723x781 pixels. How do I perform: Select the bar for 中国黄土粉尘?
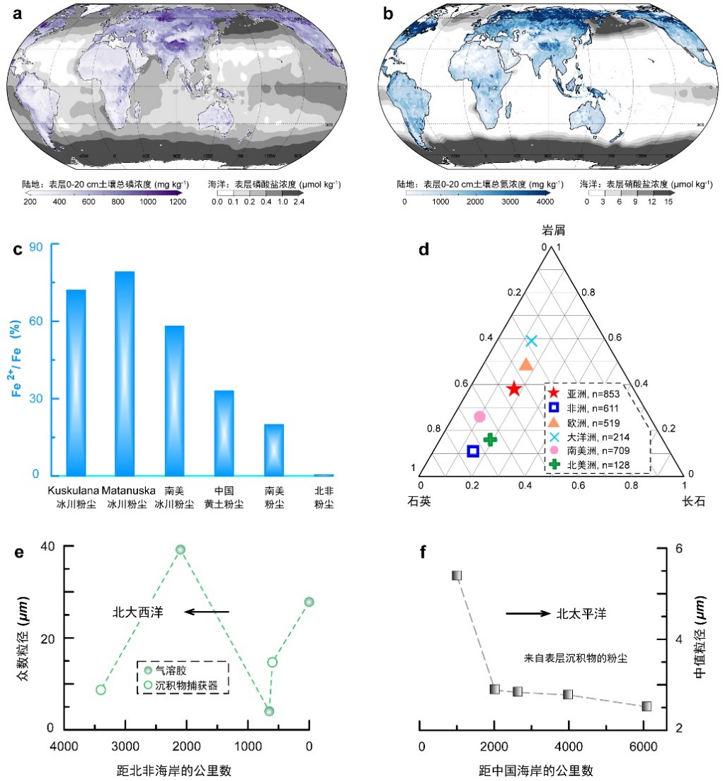[x=224, y=433]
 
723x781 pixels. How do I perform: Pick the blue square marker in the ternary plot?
[x=473, y=451]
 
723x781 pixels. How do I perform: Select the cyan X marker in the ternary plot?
[x=532, y=341]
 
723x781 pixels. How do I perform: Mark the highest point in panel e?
[x=180, y=549]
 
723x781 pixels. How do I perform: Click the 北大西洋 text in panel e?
[x=137, y=612]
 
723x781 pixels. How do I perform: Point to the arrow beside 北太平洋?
[x=525, y=613]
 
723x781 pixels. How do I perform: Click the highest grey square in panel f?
[x=457, y=575]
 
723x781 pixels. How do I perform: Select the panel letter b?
[x=387, y=12]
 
